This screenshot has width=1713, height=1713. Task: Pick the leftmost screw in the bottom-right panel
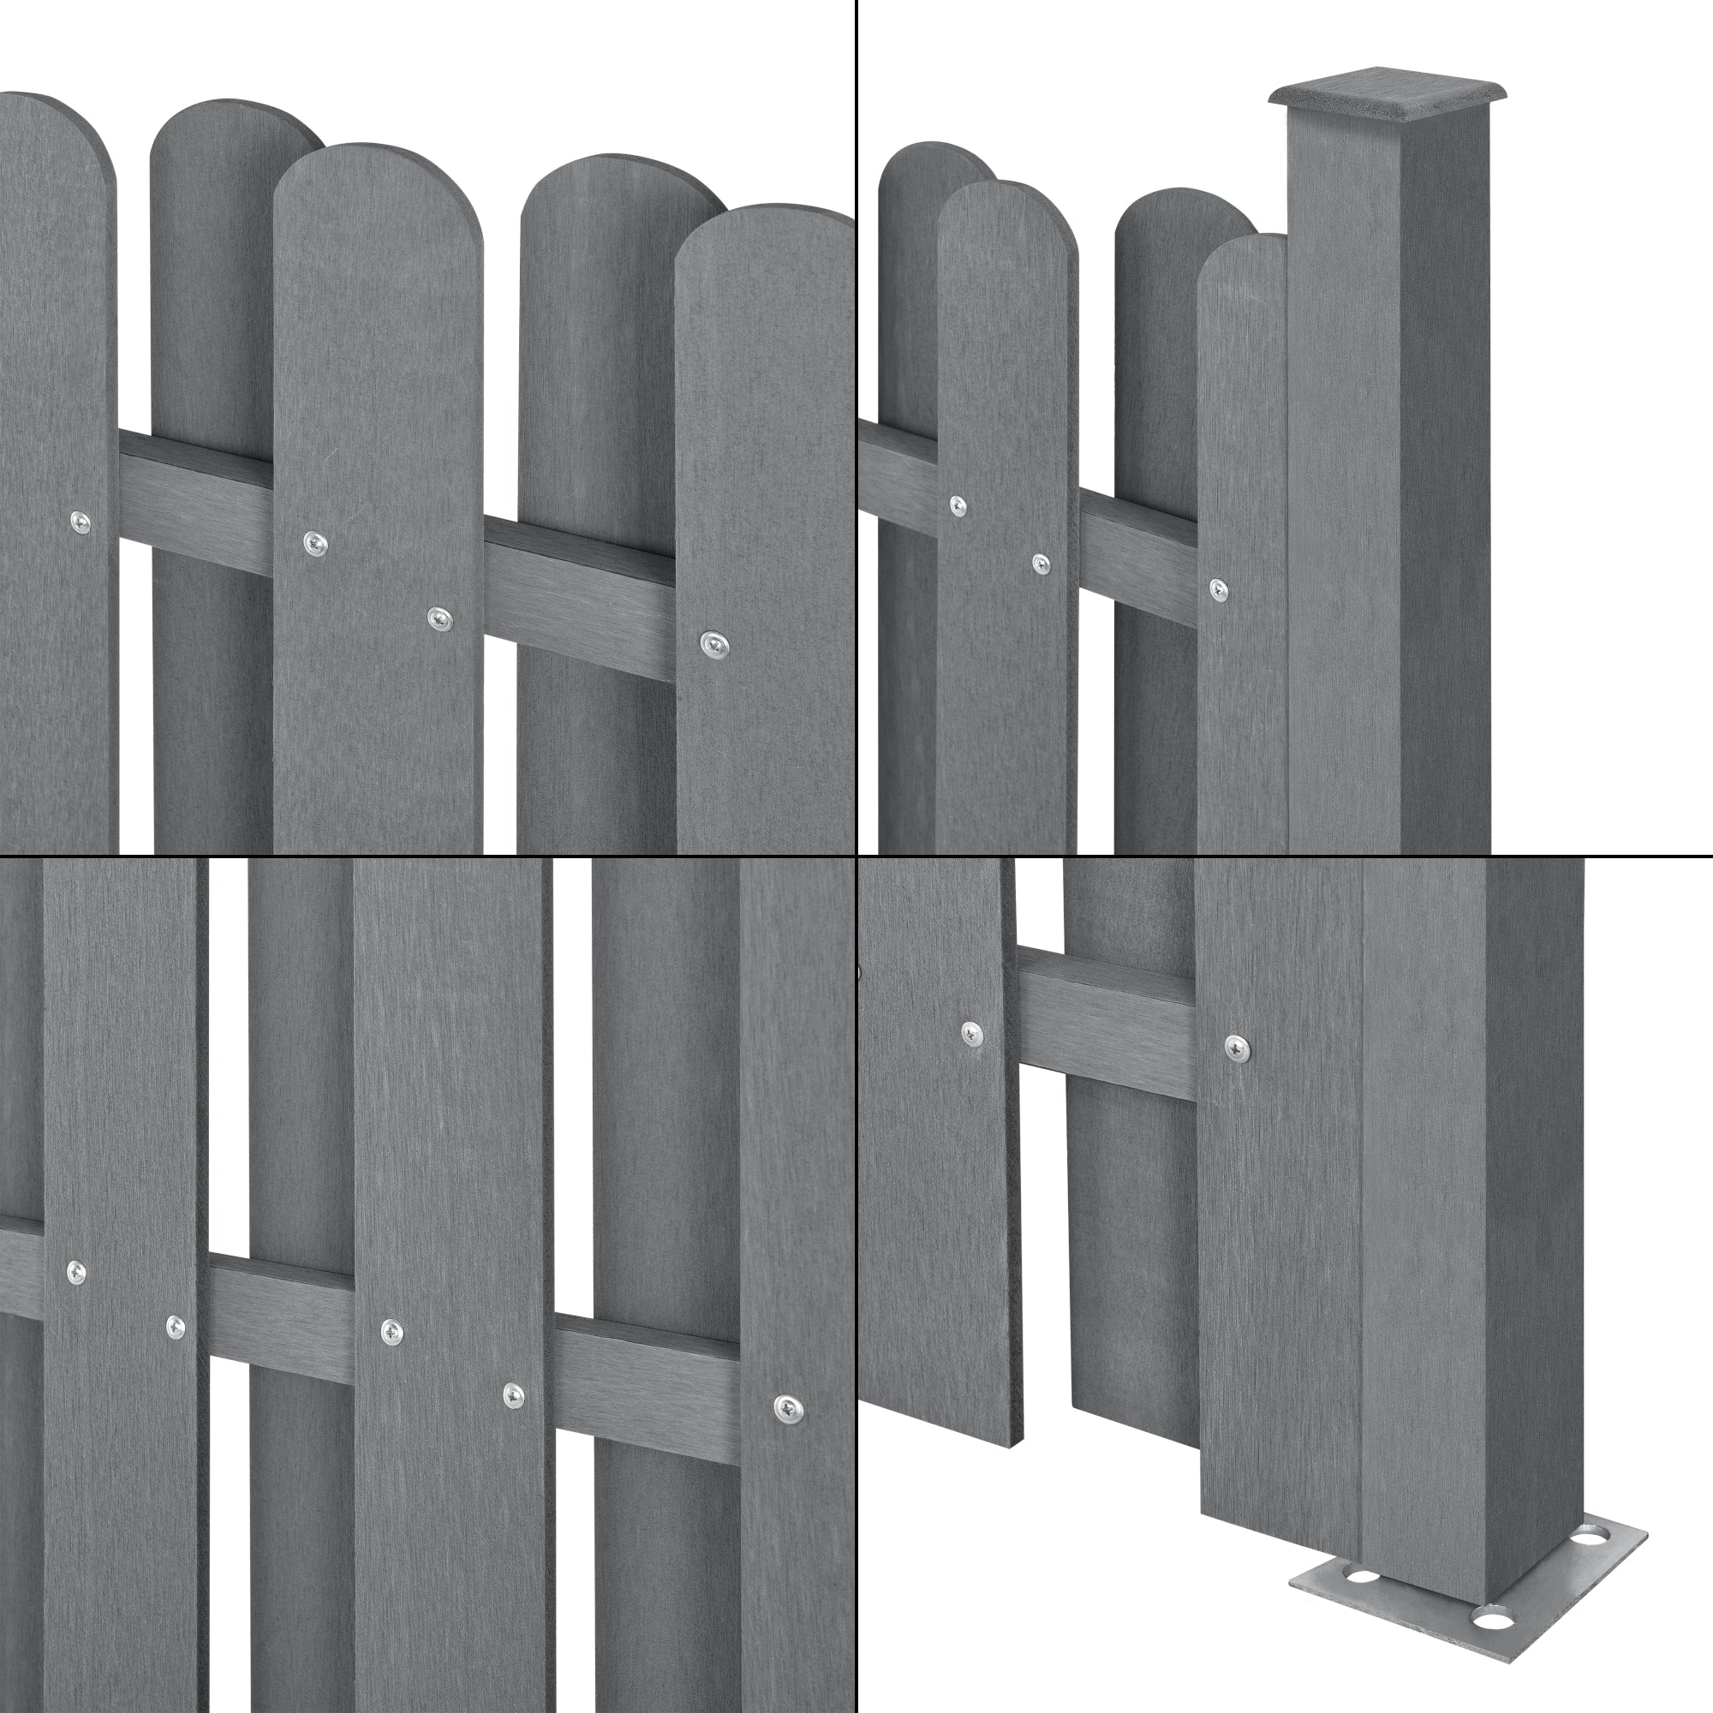point(973,1032)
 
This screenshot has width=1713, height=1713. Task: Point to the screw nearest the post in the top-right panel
point(1219,588)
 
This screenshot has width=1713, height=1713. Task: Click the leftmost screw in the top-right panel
point(958,505)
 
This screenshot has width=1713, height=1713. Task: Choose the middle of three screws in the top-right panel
point(1041,562)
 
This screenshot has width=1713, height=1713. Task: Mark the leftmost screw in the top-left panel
point(81,522)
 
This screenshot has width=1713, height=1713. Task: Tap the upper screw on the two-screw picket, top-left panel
point(313,542)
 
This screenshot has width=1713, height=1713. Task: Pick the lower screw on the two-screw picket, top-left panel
point(438,618)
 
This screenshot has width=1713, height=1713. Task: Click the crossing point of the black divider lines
point(856,856)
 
